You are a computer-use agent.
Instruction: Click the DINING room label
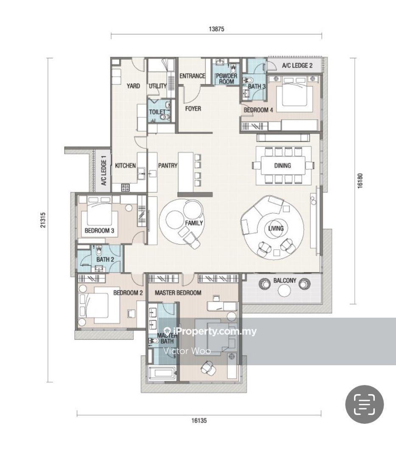point(282,165)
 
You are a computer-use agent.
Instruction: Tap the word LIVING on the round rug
point(276,228)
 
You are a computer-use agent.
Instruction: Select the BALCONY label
point(285,280)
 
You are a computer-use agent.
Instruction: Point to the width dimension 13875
point(216,29)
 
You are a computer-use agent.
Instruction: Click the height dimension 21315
point(43,220)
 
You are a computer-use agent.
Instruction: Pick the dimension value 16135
point(199,420)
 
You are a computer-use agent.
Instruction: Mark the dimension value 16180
point(360,181)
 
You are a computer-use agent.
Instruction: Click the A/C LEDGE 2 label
point(297,65)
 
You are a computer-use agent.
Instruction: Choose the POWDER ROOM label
point(226,79)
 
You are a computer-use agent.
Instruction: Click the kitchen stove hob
point(125,188)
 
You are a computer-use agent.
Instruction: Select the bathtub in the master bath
point(162,373)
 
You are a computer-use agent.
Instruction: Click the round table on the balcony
point(284,290)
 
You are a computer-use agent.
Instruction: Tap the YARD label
point(133,86)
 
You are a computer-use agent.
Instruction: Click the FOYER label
point(193,109)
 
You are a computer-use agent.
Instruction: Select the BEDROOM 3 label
point(100,231)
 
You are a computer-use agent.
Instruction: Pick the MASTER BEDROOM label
point(178,293)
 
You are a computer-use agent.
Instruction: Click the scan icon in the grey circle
point(365,404)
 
